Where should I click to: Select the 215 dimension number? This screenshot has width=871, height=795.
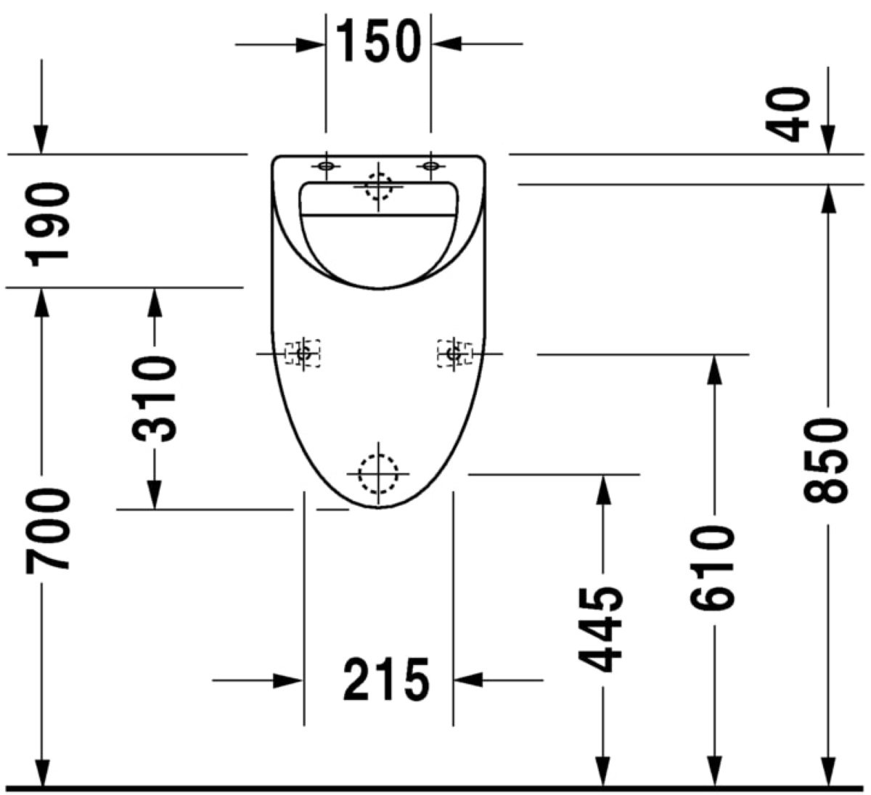386,679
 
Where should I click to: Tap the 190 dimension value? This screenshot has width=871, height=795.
47,224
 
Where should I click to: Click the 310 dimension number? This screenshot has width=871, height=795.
154,399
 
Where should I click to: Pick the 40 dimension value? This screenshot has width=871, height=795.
788,115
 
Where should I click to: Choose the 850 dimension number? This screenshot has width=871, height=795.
825,461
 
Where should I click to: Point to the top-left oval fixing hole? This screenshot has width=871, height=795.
326,166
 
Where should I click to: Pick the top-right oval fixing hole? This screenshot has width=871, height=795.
430,166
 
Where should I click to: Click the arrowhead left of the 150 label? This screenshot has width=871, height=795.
311,44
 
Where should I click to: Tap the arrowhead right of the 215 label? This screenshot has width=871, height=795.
468,680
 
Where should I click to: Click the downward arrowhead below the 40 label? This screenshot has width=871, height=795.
828,139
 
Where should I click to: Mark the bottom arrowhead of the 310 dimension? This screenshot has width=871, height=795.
155,494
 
